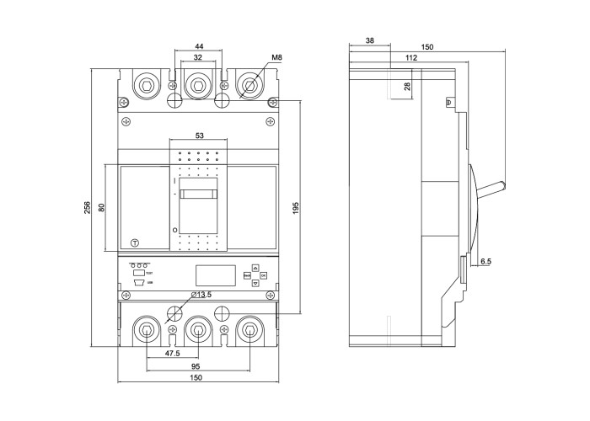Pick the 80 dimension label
tap(101, 207)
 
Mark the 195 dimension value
tap(296, 208)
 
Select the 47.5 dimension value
tap(172, 354)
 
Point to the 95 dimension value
tap(196, 366)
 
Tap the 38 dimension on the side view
tap(370, 40)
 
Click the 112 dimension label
tap(411, 57)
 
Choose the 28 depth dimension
tap(408, 86)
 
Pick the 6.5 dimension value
tap(486, 262)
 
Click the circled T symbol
tap(135, 242)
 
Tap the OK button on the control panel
tap(263, 274)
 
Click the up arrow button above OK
tap(255, 268)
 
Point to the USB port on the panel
tap(137, 283)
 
